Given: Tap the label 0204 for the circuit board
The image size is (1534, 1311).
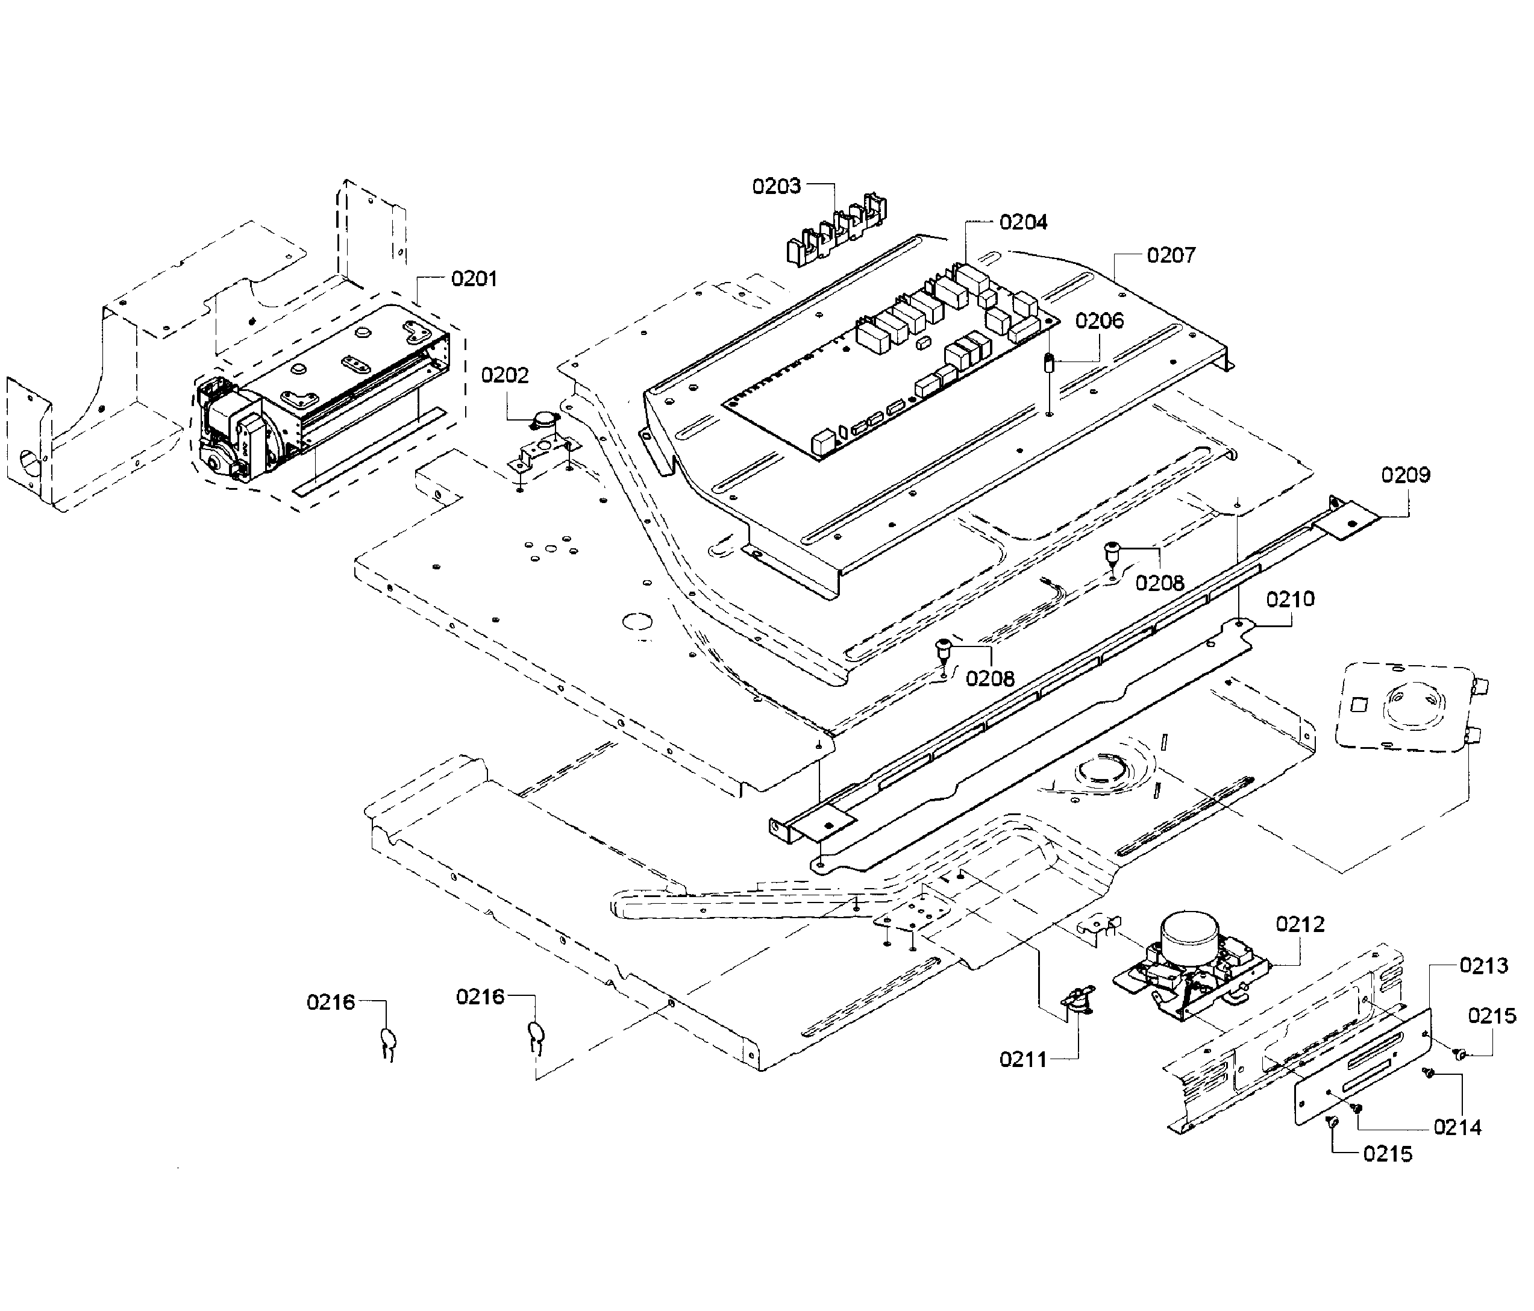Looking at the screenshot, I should pyautogui.click(x=1023, y=222).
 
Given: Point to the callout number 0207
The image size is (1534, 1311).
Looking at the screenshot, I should pyautogui.click(x=1171, y=255).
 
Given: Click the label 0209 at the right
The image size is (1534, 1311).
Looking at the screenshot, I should pyautogui.click(x=1405, y=475).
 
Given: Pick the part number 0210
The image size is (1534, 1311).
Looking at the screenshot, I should pyautogui.click(x=1290, y=599).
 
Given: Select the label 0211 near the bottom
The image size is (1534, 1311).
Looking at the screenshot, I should pyautogui.click(x=1023, y=1060).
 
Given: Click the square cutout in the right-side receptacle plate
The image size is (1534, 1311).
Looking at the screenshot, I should pyautogui.click(x=1360, y=706).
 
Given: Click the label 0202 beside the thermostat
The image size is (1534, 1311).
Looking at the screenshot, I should pyautogui.click(x=505, y=375).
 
